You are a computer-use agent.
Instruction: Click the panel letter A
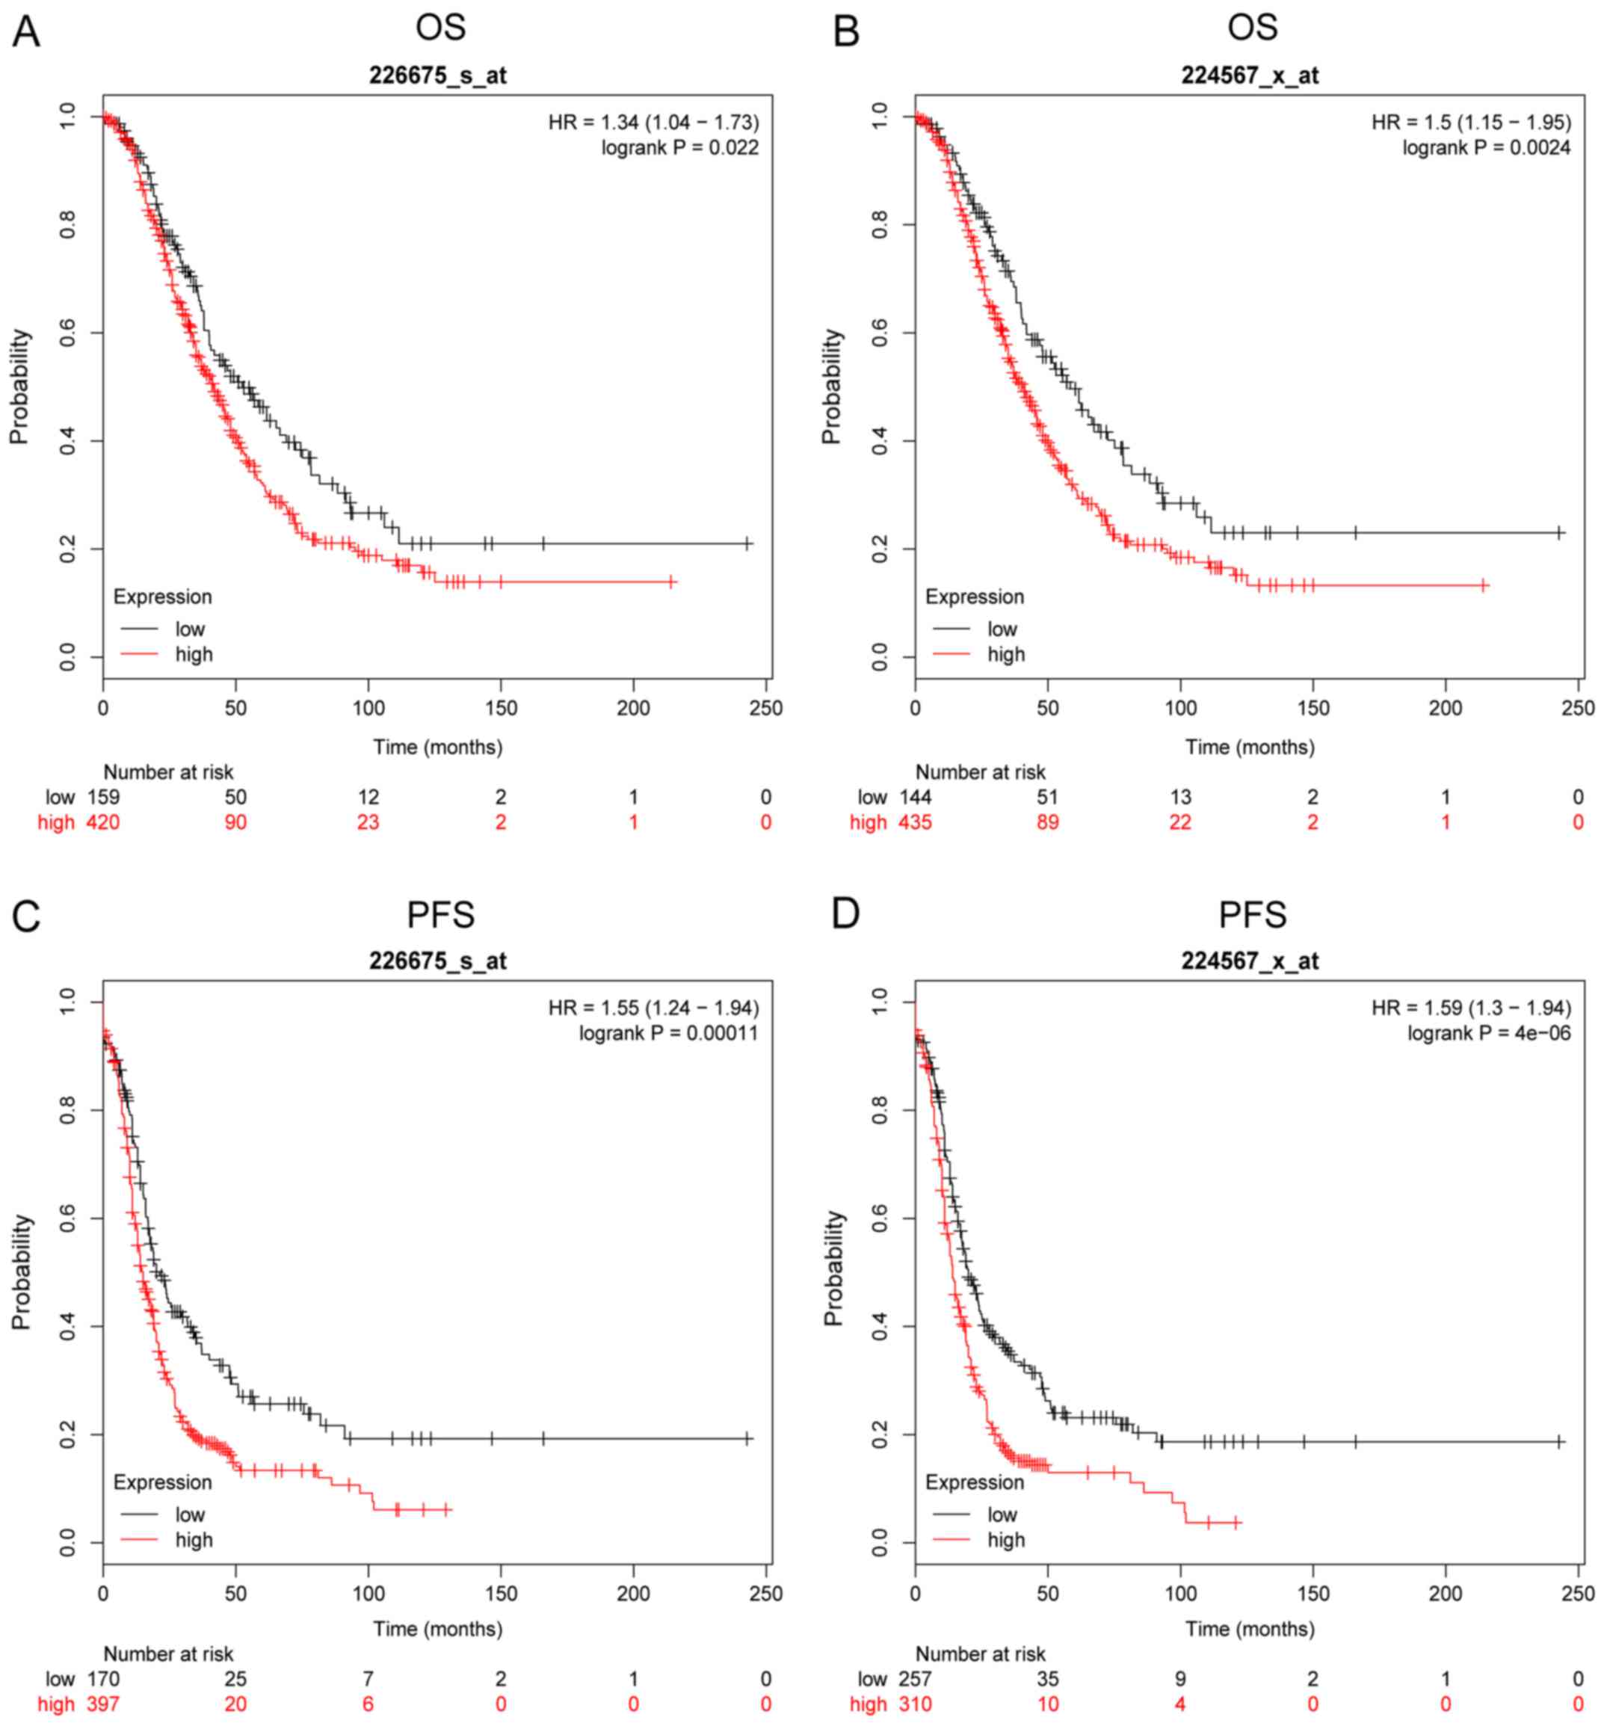[x=26, y=32]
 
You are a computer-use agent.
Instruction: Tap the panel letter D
[x=845, y=914]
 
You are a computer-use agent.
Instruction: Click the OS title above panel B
[x=1252, y=27]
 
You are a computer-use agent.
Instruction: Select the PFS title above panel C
[x=440, y=914]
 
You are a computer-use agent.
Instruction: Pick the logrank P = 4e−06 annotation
[x=1488, y=1033]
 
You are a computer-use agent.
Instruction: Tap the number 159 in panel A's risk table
[x=102, y=797]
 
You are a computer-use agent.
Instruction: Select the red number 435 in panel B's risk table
[x=914, y=822]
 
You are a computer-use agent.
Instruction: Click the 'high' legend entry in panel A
[x=193, y=654]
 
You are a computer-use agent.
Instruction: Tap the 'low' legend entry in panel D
[x=1001, y=1514]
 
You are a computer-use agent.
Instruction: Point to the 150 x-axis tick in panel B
[x=1313, y=708]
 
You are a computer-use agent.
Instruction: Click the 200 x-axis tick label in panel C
[x=633, y=1593]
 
